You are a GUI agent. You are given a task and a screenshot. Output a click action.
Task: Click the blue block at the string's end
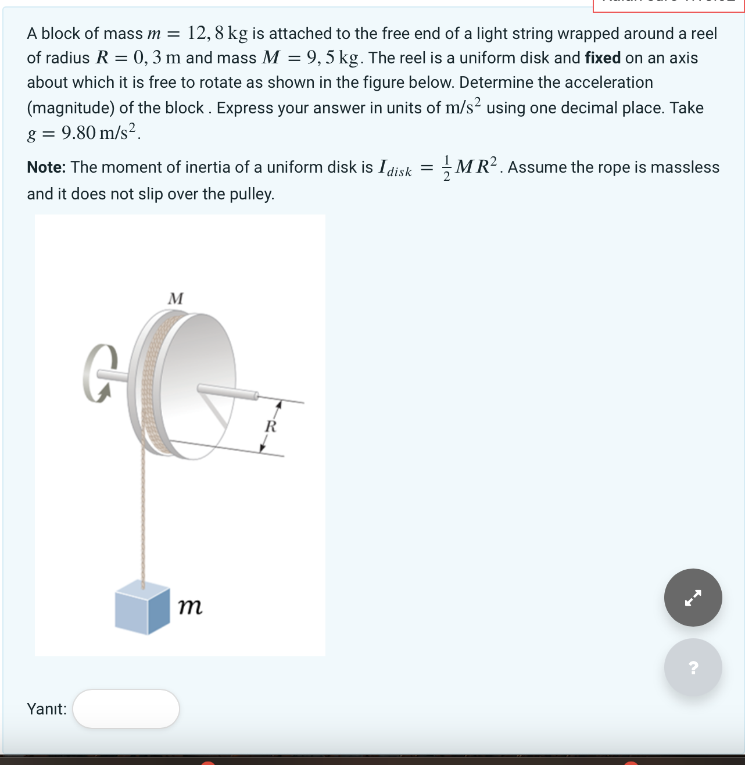(142, 607)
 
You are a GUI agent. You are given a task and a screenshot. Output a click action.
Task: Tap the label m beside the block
(191, 607)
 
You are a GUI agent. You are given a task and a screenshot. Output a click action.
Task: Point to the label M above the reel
(175, 299)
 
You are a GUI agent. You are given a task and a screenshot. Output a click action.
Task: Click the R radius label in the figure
(270, 427)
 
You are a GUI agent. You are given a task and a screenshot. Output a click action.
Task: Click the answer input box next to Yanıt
(126, 709)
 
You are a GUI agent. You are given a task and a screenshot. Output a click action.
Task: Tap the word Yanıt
(46, 709)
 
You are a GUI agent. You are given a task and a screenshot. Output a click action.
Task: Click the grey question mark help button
(693, 667)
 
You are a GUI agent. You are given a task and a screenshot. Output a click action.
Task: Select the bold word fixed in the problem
(603, 58)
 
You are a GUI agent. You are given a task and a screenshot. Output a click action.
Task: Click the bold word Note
(46, 167)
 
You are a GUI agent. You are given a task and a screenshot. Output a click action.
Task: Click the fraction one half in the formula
(446, 168)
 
